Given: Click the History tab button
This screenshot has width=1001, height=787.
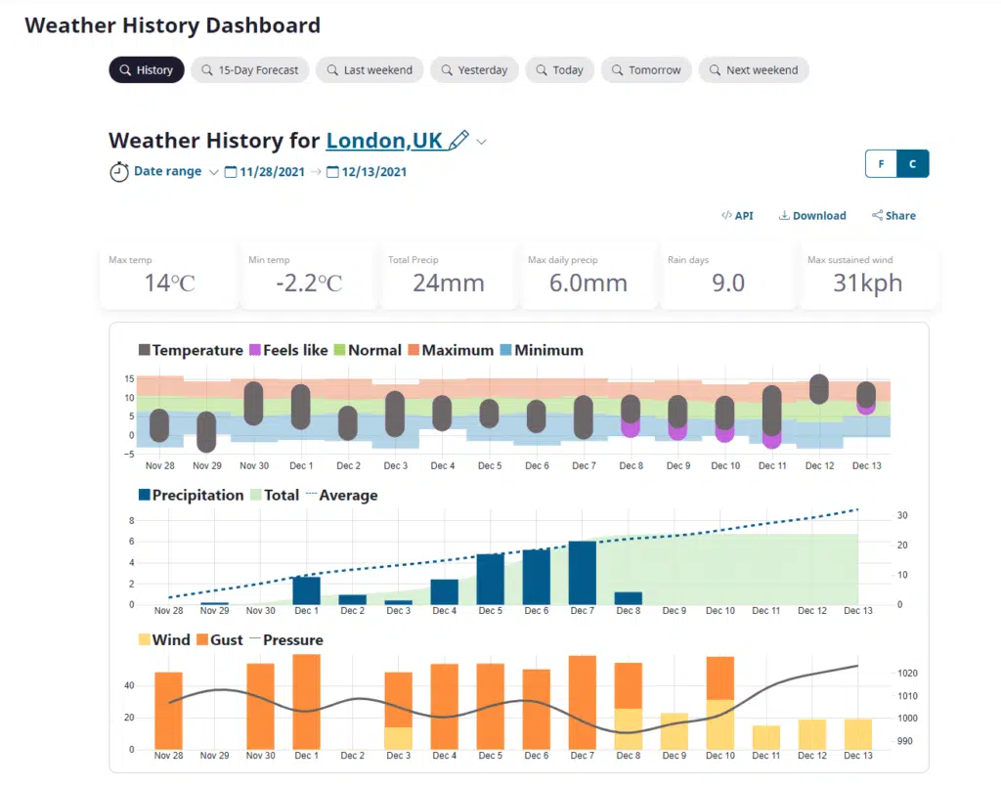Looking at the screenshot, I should coord(146,70).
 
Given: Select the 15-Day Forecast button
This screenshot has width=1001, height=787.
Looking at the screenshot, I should coord(249,70).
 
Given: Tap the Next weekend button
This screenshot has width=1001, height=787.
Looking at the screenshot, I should coord(753,70).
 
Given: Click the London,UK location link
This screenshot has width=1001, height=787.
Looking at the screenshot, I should coord(384,141).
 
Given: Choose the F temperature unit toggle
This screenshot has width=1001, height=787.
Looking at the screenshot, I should coord(881,164).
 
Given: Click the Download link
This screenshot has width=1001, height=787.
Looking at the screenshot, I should coord(812,215).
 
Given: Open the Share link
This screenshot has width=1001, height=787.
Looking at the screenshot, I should coord(893,215).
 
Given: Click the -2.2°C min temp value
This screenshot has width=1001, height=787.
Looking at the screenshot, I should coord(309,283).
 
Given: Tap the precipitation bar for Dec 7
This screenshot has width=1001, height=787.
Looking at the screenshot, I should coord(582,573).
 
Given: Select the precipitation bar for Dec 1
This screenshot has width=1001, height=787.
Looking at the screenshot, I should coord(306,590).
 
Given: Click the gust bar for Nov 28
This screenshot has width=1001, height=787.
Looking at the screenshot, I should coord(168,710).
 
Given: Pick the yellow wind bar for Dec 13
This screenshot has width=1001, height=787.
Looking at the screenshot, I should coord(857,734).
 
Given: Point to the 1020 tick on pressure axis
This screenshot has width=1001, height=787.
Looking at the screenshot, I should coord(907,674).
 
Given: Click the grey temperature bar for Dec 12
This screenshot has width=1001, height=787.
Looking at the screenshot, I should coord(819,388).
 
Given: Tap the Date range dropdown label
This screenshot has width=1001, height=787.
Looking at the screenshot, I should coord(167,171).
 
